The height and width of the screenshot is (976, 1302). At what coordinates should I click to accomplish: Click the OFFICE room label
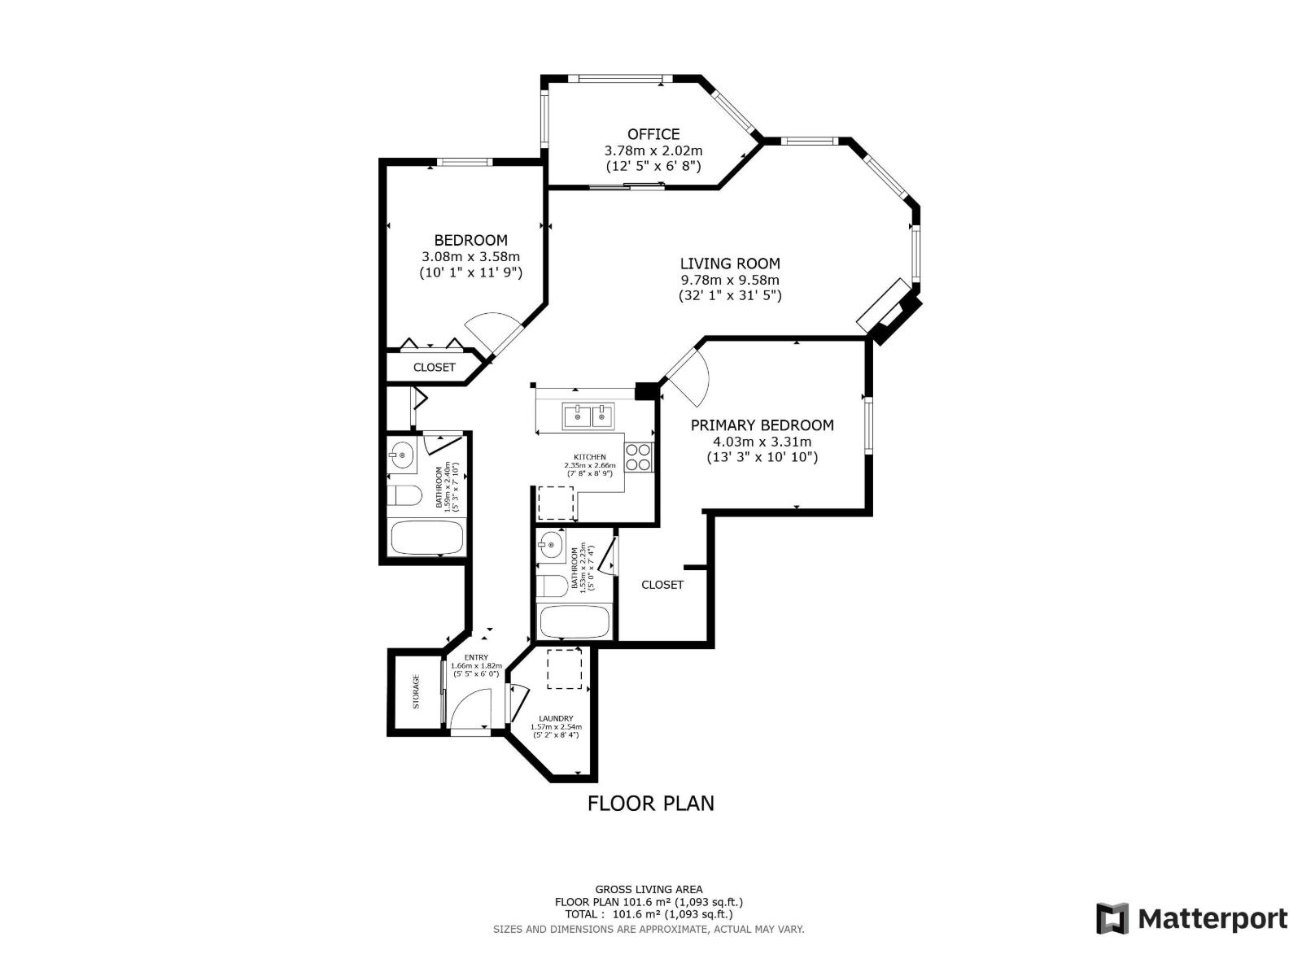[x=653, y=134]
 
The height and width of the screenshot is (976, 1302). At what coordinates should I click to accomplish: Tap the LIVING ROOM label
[x=730, y=264]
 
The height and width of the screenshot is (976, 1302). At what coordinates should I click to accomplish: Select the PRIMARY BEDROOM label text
[x=762, y=425]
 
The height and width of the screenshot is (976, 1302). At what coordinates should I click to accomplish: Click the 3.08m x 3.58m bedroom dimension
[x=470, y=256]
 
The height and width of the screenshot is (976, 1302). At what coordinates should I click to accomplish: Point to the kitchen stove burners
[x=639, y=457]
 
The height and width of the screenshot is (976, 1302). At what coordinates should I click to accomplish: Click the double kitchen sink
[x=588, y=416]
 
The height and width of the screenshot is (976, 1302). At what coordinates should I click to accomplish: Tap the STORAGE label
[x=416, y=691]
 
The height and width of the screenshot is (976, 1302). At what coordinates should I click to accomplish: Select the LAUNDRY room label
[x=556, y=718]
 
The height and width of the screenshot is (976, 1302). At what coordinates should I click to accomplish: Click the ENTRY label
[x=476, y=657]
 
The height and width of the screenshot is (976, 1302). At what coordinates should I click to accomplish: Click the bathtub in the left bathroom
[x=426, y=538]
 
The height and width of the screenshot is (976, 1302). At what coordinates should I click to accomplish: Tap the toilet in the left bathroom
[x=403, y=495]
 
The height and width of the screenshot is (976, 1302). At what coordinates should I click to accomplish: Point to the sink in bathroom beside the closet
[x=551, y=545]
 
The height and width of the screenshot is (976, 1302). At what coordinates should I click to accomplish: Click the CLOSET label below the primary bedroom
[x=662, y=585]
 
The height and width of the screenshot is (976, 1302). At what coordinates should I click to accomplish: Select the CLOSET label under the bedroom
[x=434, y=368]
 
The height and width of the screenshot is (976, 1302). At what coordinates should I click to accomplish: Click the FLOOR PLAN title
[x=650, y=804]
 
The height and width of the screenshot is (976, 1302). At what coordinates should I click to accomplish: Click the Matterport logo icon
[x=1112, y=919]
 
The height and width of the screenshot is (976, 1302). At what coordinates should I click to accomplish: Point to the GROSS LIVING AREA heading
[x=649, y=890]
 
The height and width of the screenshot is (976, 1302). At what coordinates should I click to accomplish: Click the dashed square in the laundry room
[x=564, y=669]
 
